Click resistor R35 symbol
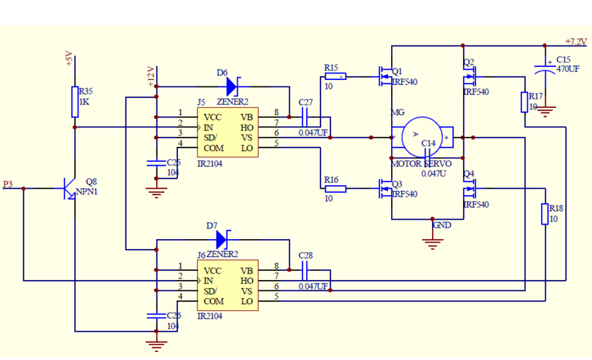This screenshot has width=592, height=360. pos(75,102)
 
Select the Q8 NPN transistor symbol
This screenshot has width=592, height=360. pos(71,189)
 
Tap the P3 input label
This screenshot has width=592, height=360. pos(8,184)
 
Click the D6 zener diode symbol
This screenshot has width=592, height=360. pos(231,86)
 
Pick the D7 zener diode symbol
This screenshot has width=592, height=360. pos(220,239)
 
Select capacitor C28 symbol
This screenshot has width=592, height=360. pos(305,270)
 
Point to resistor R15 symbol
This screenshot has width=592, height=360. pos(335,76)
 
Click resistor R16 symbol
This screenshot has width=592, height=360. pos(335,189)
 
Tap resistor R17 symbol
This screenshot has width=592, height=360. pos(525,102)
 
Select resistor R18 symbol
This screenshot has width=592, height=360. pos(545,214)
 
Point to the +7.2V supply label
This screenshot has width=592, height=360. pos(577,42)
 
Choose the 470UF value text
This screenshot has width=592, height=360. pos(568,69)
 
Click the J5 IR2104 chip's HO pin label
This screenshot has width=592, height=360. pos(247,127)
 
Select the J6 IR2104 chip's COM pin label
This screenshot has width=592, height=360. pos(214,302)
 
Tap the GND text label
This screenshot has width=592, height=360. pos(441,225)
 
